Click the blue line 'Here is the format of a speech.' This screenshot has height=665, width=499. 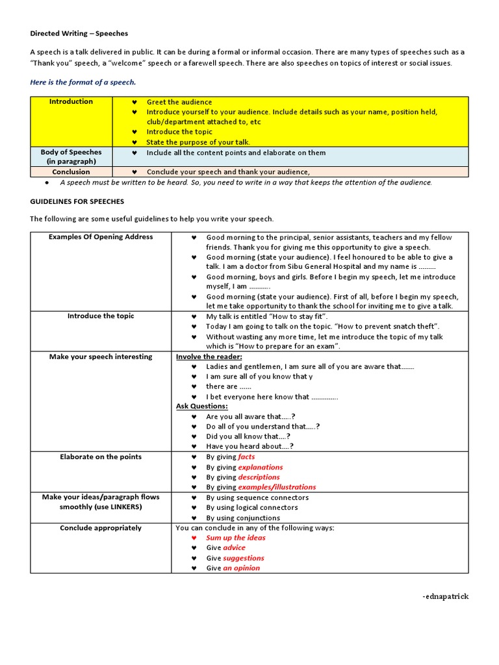[83, 82]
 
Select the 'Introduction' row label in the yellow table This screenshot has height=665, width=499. [71, 102]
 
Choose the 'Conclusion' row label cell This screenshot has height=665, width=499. [71, 172]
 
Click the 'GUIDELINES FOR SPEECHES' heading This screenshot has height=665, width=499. [77, 202]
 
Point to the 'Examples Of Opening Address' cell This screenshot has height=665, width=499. [101, 237]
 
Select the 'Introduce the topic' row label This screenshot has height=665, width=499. [101, 316]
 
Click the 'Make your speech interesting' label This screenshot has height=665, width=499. [101, 357]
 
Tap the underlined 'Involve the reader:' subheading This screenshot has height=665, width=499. [209, 357]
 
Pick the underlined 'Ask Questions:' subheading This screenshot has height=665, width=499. [201, 407]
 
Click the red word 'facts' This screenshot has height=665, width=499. [246, 457]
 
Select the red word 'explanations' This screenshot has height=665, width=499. [260, 467]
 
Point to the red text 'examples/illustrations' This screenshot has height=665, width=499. [277, 487]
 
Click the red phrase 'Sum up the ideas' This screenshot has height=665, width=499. [235, 538]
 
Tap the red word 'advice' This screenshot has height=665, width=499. [234, 548]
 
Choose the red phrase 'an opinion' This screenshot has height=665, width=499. [241, 568]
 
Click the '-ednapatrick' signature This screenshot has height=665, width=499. [445, 597]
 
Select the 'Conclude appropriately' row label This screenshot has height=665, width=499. [101, 528]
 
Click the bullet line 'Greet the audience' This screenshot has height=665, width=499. [179, 102]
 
